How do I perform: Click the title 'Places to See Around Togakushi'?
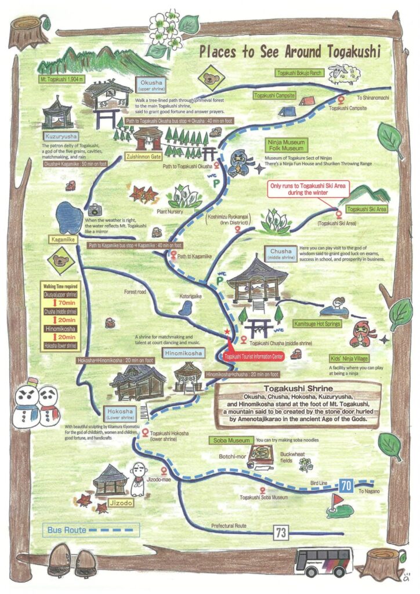coord(290,51)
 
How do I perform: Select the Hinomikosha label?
coord(183,353)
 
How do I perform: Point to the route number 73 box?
coord(281,532)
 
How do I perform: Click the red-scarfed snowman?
coord(49,402)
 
